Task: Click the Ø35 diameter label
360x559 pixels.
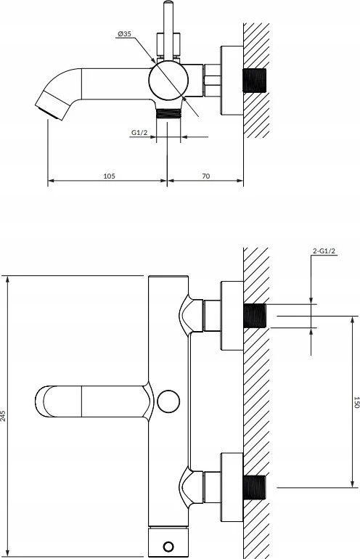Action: tap(124, 34)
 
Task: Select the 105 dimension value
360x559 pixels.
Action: tap(109, 176)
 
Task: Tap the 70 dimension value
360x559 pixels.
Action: tap(206, 176)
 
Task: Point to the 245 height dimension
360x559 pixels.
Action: tap(3, 416)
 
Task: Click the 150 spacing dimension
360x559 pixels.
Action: tap(356, 401)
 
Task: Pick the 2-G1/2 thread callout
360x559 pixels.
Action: tap(324, 251)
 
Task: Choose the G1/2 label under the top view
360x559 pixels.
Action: tap(139, 133)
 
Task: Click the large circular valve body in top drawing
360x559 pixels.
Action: tap(168, 80)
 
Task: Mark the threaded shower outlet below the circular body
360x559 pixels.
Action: tap(168, 113)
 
